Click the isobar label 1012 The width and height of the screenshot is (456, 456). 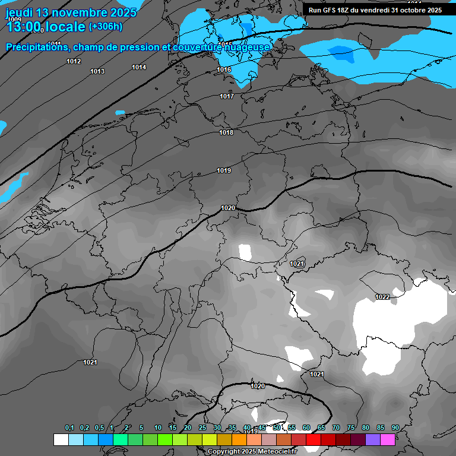click(x=74, y=62)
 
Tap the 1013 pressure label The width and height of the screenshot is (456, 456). click(x=97, y=72)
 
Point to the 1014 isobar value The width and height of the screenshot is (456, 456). click(x=139, y=68)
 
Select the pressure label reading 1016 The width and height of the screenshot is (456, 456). click(x=224, y=70)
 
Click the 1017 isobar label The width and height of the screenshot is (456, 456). click(x=227, y=97)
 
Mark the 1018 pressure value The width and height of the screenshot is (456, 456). click(x=226, y=133)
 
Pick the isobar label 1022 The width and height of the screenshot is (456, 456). click(x=382, y=297)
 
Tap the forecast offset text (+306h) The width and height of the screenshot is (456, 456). click(x=105, y=26)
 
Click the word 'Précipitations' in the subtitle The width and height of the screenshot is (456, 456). click(x=36, y=47)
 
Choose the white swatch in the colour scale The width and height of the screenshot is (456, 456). click(x=61, y=439)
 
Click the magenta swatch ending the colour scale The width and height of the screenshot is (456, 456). click(x=388, y=439)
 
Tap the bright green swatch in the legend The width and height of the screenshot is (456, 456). click(x=164, y=439)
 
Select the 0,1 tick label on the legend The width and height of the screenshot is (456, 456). click(x=69, y=428)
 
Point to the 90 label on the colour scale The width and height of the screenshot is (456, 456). click(x=395, y=428)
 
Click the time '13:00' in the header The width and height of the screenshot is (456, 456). click(x=24, y=27)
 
